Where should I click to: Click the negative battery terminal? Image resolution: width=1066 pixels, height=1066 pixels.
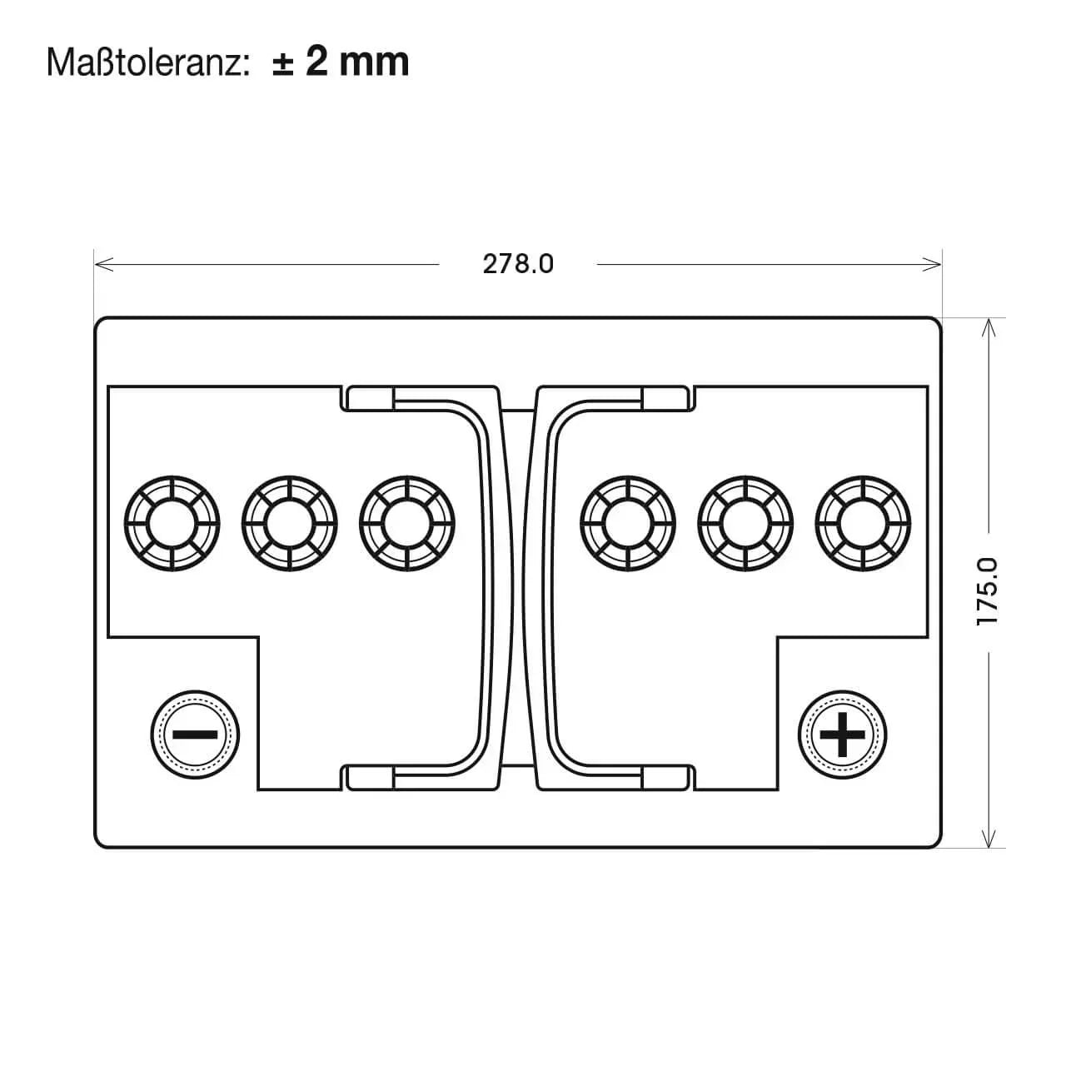click(x=195, y=734)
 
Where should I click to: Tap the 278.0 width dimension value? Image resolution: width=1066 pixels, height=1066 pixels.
click(x=518, y=264)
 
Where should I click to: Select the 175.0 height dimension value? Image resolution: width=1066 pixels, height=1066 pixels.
click(x=988, y=591)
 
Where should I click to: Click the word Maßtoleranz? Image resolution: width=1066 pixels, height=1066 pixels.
click(x=145, y=62)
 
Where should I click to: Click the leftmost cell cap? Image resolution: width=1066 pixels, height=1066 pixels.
click(x=172, y=523)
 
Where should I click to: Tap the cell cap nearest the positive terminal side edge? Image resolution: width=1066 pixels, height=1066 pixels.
click(x=863, y=523)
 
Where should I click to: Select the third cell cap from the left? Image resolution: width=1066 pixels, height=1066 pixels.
click(x=406, y=523)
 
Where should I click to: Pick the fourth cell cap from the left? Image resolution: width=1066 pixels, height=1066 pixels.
click(x=628, y=523)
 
